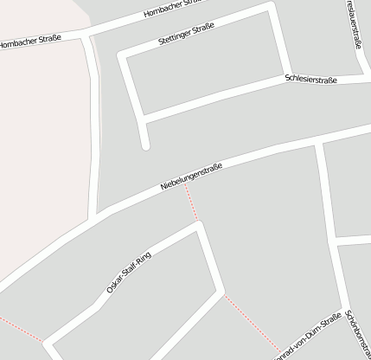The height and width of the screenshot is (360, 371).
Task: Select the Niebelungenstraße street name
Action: click(191, 177)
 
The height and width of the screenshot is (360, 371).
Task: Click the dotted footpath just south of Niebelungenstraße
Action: click(191, 202)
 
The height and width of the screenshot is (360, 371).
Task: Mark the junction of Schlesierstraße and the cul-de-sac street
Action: click(141, 116)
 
